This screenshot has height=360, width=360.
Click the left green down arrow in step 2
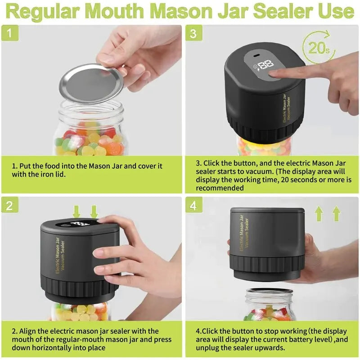pyautogui.click(x=76, y=211)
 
